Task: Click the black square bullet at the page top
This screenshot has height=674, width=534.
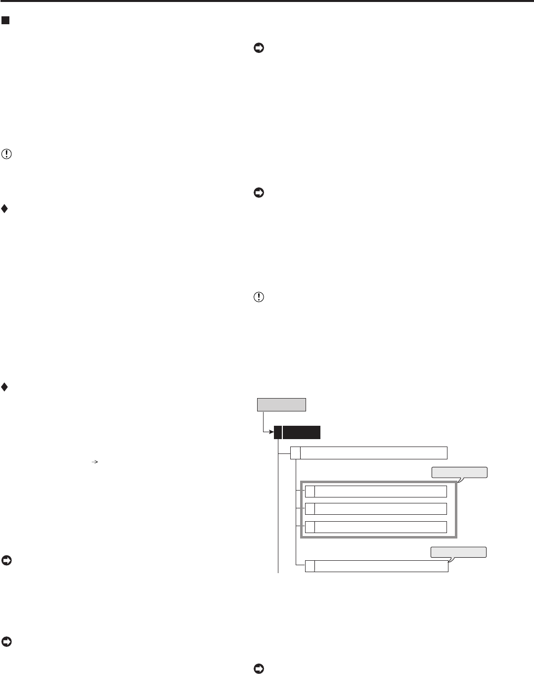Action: coord(5,21)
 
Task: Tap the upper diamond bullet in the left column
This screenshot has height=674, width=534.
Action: coord(4,209)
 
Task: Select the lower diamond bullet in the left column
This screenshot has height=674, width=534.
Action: coord(4,387)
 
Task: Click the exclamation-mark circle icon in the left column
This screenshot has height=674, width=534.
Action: coord(6,154)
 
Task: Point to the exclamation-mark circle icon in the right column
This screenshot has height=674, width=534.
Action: coord(259,298)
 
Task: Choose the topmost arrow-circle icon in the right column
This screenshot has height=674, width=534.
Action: coord(259,48)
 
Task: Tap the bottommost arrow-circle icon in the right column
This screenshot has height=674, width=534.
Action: coord(259,669)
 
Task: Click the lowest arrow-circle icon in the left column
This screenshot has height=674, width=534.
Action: coord(6,642)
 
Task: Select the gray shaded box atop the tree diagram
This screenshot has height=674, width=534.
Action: coord(281,404)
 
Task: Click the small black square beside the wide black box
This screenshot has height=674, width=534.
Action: coord(278,432)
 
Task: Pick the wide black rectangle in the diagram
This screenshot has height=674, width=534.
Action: coord(302,432)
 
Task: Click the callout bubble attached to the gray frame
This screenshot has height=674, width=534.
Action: coord(459,473)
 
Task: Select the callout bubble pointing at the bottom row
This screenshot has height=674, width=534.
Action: coord(458,552)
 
